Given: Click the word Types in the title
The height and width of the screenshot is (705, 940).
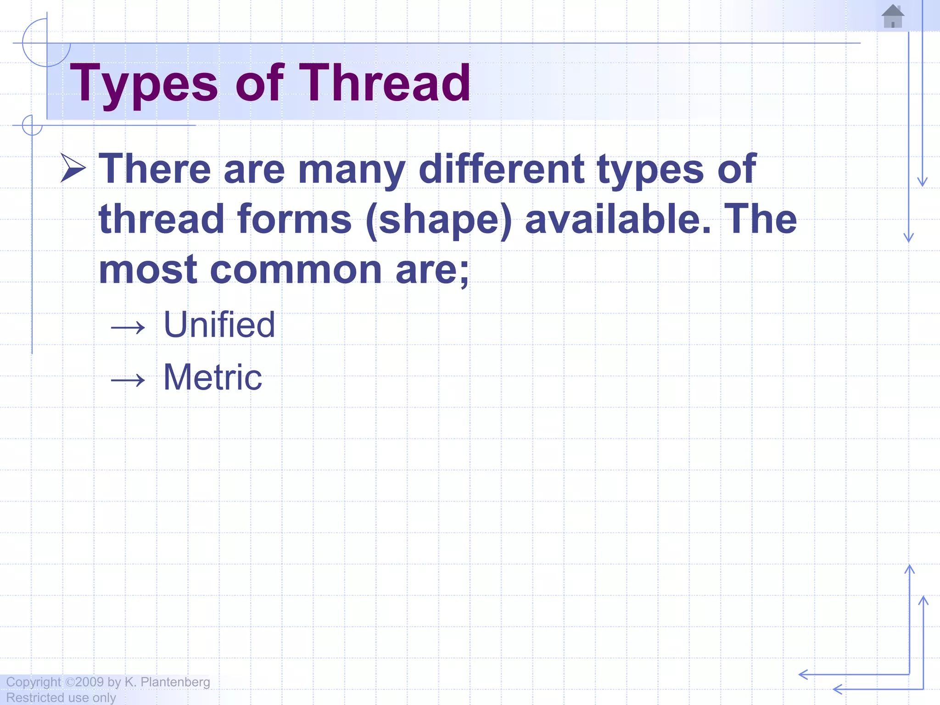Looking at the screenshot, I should pyautogui.click(x=144, y=84).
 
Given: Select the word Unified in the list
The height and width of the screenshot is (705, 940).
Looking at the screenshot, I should pyautogui.click(x=219, y=325).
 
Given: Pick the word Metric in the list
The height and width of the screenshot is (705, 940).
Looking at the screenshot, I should pyautogui.click(x=213, y=377).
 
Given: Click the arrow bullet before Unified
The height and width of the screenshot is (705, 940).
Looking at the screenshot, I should pyautogui.click(x=128, y=327).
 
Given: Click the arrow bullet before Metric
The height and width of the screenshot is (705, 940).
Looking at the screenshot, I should pyautogui.click(x=128, y=380).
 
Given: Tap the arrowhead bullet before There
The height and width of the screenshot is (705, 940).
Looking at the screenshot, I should pyautogui.click(x=73, y=168).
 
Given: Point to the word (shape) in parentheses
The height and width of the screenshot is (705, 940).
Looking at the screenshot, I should pyautogui.click(x=439, y=219).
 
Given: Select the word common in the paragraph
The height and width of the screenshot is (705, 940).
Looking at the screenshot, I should pyautogui.click(x=296, y=270).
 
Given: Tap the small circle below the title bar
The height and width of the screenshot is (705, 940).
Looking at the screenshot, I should pyautogui.click(x=32, y=125).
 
